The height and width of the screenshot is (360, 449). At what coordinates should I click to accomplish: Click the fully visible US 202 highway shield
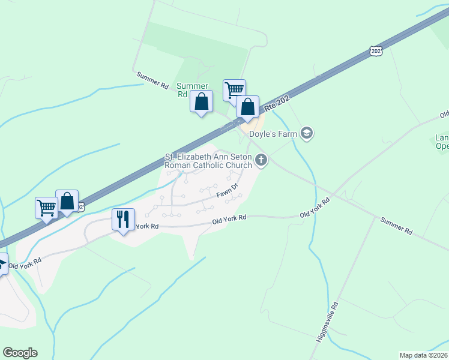pos(376,52)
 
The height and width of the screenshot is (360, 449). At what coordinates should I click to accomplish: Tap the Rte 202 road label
pos(277,103)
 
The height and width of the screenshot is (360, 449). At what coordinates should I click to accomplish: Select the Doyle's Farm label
pos(273,134)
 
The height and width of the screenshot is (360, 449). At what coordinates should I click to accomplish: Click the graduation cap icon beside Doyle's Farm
pos(307,133)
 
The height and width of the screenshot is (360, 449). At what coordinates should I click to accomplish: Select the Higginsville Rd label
pos(328,322)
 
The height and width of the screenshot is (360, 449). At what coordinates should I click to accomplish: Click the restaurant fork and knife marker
pos(124,220)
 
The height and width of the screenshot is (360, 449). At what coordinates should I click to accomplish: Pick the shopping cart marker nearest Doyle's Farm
pos(234,90)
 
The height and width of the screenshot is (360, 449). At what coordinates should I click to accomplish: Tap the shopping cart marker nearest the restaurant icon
pos(46,208)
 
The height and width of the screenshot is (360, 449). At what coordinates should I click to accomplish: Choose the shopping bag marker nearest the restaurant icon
pos(67,201)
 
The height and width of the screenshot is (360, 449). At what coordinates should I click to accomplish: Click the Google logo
pos(20,353)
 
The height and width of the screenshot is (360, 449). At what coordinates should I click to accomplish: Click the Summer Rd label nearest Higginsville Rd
pos(396,226)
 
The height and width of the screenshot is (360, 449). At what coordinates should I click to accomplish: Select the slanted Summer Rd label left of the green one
pos(152,80)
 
